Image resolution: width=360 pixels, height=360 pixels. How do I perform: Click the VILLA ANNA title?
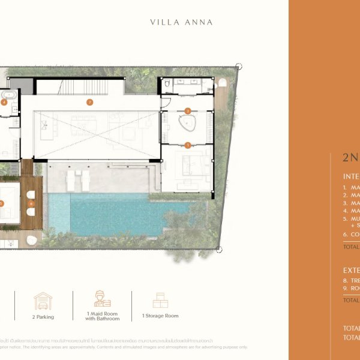coord(181,23)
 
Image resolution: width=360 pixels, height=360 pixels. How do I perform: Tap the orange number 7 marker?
coord(89,102)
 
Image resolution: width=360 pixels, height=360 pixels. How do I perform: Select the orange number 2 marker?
coord(187,111)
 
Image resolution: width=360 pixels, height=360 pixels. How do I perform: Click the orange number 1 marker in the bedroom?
coord(187,145)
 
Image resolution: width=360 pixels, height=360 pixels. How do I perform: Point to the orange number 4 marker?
coord(4,103)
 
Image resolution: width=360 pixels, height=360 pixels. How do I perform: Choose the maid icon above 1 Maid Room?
coord(102,299)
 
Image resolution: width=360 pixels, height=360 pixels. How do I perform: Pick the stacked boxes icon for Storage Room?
coord(160,300)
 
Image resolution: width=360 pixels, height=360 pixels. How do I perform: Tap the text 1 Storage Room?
coord(160,316)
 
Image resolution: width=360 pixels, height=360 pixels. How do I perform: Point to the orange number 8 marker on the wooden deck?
coord(30,203)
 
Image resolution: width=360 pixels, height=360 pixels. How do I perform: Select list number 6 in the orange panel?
coord(346,235)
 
